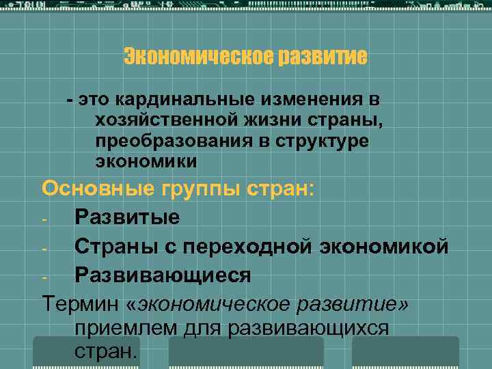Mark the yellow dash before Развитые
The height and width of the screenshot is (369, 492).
coord(44,219)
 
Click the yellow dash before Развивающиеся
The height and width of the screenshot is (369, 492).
coord(44,276)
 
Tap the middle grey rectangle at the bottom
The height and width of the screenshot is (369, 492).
coord(246,353)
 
